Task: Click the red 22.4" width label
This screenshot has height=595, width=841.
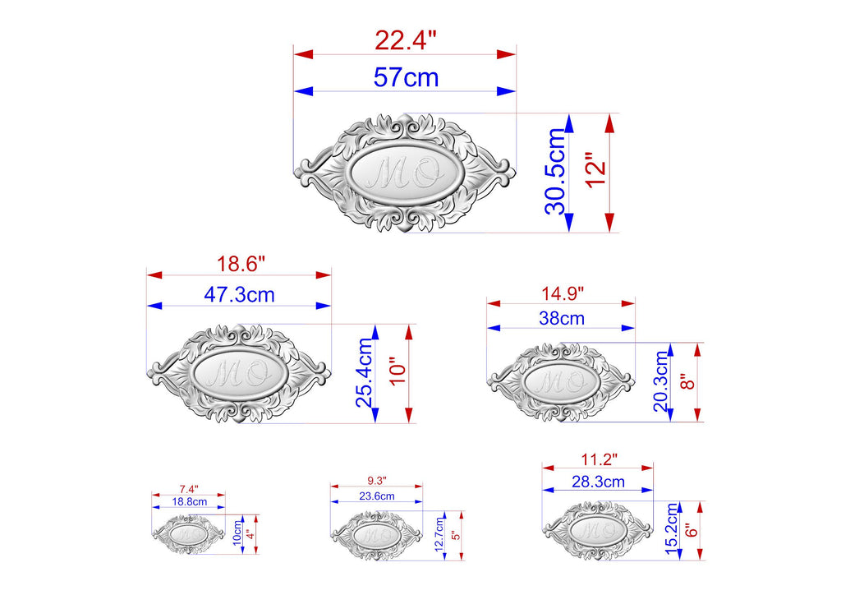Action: (406, 40)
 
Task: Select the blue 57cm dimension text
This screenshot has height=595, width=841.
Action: (406, 77)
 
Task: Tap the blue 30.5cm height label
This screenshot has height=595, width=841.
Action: (556, 172)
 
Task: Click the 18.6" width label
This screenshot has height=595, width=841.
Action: (241, 264)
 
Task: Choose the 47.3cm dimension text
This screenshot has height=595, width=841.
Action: (239, 294)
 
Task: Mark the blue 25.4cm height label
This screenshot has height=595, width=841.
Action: (364, 373)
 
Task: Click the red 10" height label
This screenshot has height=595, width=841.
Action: (399, 371)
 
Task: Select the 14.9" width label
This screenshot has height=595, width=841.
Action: (562, 293)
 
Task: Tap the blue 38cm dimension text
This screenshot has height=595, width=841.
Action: (562, 318)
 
